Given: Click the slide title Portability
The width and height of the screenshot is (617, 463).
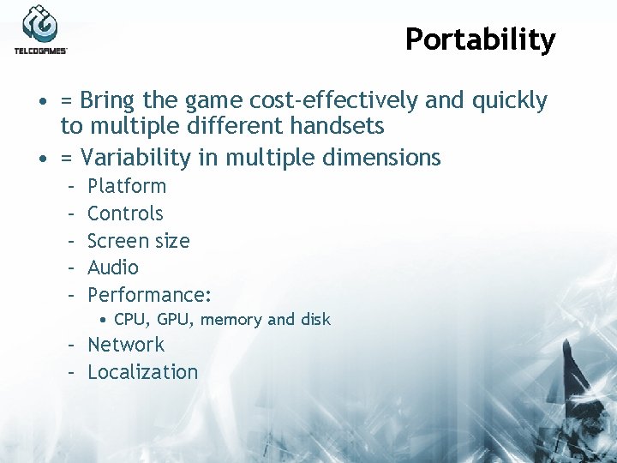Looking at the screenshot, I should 480,39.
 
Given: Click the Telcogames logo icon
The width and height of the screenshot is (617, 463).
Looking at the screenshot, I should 40,24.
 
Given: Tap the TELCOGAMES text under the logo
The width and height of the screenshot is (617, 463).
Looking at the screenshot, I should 40,51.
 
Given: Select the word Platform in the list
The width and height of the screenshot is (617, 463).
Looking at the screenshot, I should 127,186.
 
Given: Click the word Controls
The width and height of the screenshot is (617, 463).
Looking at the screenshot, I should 125,213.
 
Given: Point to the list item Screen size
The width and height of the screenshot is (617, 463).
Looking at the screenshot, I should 138,241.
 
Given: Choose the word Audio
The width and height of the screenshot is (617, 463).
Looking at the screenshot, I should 112,268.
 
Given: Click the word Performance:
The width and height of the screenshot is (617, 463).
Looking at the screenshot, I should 149,295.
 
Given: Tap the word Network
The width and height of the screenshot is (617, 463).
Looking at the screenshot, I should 126,345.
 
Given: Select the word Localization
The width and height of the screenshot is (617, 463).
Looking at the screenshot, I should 142,372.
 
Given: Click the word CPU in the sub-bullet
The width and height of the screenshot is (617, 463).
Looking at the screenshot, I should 130,320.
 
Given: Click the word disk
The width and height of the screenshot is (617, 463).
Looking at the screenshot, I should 314,320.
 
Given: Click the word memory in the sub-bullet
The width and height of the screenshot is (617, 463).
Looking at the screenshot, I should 231,320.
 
